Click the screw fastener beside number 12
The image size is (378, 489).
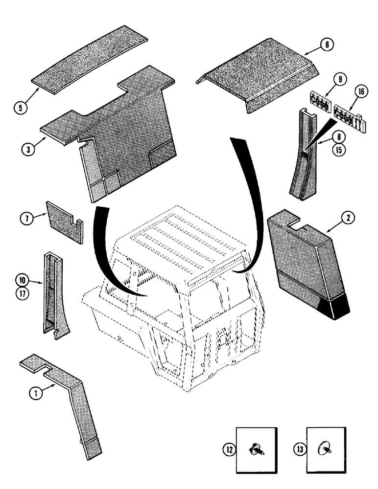coord(256,449)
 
